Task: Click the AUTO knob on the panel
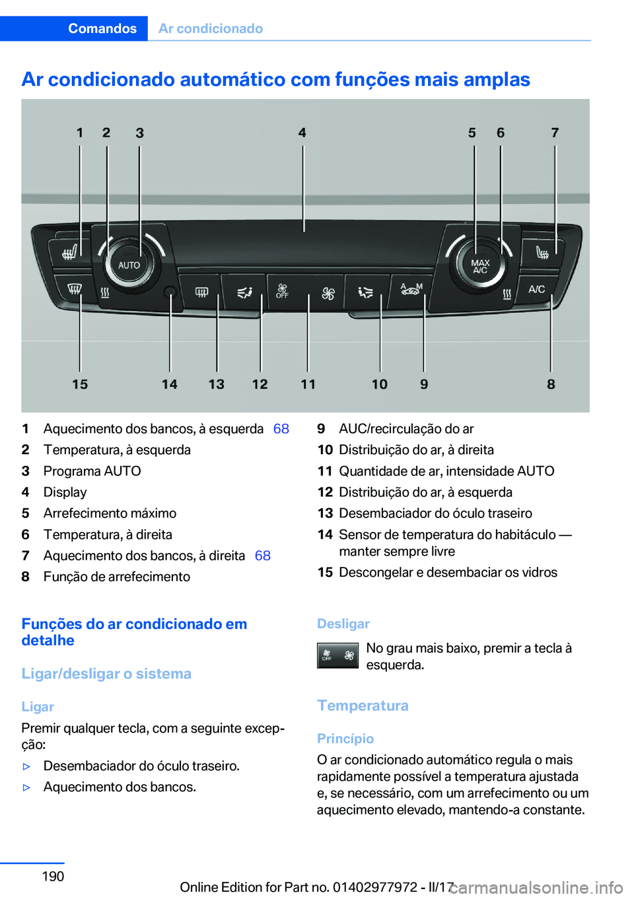[x=129, y=265]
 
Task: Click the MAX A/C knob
[x=480, y=266]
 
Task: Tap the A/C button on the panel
[x=536, y=289]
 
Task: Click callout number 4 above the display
[x=302, y=133]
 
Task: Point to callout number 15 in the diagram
[x=80, y=384]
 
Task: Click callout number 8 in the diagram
[x=551, y=384]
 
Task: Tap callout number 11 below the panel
[x=308, y=384]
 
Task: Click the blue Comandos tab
[x=102, y=28]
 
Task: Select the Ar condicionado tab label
[x=211, y=28]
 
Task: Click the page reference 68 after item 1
[x=281, y=429]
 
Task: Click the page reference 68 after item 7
[x=263, y=556]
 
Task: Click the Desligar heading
[x=343, y=624]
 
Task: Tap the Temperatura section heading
[x=363, y=706]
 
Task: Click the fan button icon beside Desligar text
[x=337, y=655]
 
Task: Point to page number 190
[x=53, y=877]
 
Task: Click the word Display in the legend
[x=65, y=492]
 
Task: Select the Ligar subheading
[x=38, y=707]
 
